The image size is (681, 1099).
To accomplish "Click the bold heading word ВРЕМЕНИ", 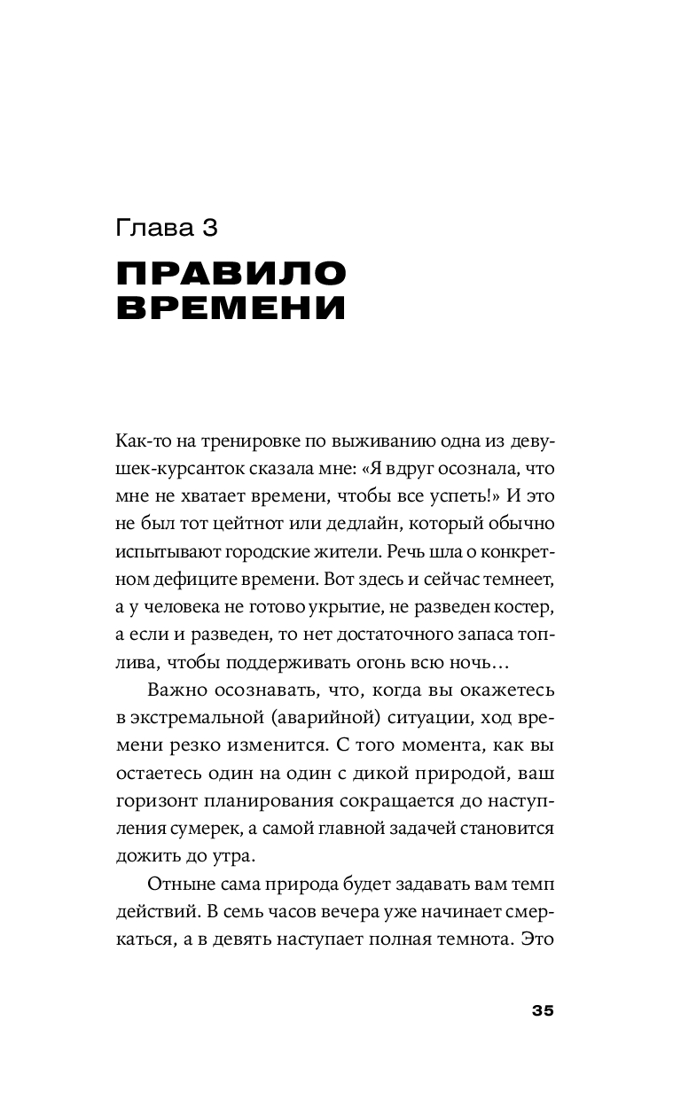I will (x=231, y=308).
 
